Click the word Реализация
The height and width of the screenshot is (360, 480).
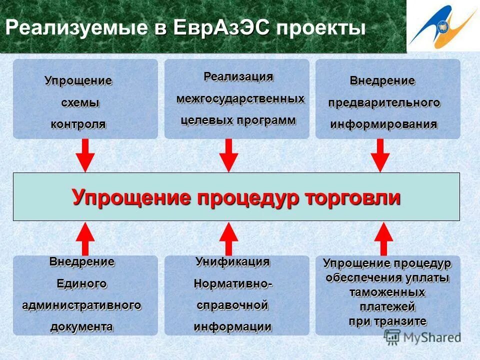tap(238, 77)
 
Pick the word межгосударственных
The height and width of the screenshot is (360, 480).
tap(240, 99)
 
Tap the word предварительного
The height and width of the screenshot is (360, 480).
tap(384, 103)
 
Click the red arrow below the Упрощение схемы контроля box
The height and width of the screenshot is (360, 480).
tap(84, 155)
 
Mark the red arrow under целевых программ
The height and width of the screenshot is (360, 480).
tap(228, 155)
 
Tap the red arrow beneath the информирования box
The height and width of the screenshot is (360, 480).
tap(380, 155)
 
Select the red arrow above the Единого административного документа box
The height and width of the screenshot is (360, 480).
tap(84, 239)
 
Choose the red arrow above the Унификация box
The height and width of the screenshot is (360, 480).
tap(228, 239)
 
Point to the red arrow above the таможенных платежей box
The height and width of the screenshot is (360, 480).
tap(383, 239)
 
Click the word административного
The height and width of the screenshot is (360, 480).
tap(81, 305)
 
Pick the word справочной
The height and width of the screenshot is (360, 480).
tap(232, 305)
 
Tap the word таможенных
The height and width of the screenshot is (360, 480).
tap(387, 292)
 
